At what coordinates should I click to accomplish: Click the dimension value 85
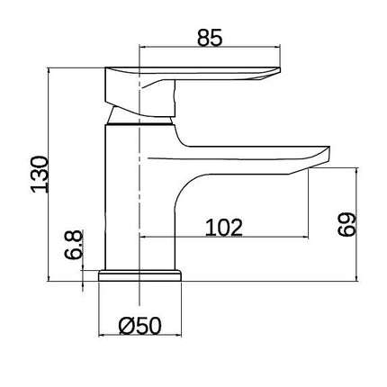(x=210, y=38)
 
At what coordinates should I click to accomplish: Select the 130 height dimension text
(x=40, y=175)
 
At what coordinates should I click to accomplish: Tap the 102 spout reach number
(x=223, y=228)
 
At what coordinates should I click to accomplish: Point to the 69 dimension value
(x=346, y=224)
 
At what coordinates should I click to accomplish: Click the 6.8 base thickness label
(x=73, y=245)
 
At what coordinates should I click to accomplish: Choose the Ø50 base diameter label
(x=139, y=326)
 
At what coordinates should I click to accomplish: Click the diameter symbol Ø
(x=126, y=326)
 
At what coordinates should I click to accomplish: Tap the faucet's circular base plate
(x=140, y=275)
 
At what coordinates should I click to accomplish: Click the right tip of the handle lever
(x=280, y=70)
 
